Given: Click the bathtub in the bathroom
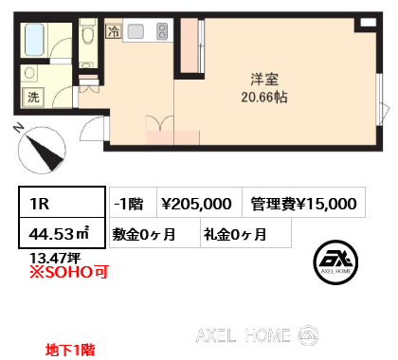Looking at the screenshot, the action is pos(34,40).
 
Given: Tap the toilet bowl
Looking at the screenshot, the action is pos(87,35).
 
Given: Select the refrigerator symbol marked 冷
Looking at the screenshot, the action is pos(114,31).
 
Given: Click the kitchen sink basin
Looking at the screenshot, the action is pos(136,31).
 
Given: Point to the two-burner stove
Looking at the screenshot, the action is pos(162,31).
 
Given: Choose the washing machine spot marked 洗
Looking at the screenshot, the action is pos(33,97).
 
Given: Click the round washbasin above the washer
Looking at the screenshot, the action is pos(29,73).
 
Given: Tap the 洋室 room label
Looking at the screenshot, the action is pos(264,79).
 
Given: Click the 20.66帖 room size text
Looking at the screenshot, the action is pos(264,97).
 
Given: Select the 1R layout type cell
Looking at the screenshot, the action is pos(62,202).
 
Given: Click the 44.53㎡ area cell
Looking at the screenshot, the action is pos(62,233).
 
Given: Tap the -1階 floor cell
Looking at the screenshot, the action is pos(133,202).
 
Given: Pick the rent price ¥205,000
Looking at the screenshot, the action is pos(196,204).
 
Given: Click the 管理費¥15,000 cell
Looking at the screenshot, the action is pos(303,202).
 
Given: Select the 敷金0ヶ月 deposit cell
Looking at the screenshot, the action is pos(154,233).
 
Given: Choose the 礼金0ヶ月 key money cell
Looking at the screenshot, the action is pos(245,233).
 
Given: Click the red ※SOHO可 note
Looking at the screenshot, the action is pos(69,272).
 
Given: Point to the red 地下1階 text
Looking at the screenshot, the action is pos(70,350).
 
